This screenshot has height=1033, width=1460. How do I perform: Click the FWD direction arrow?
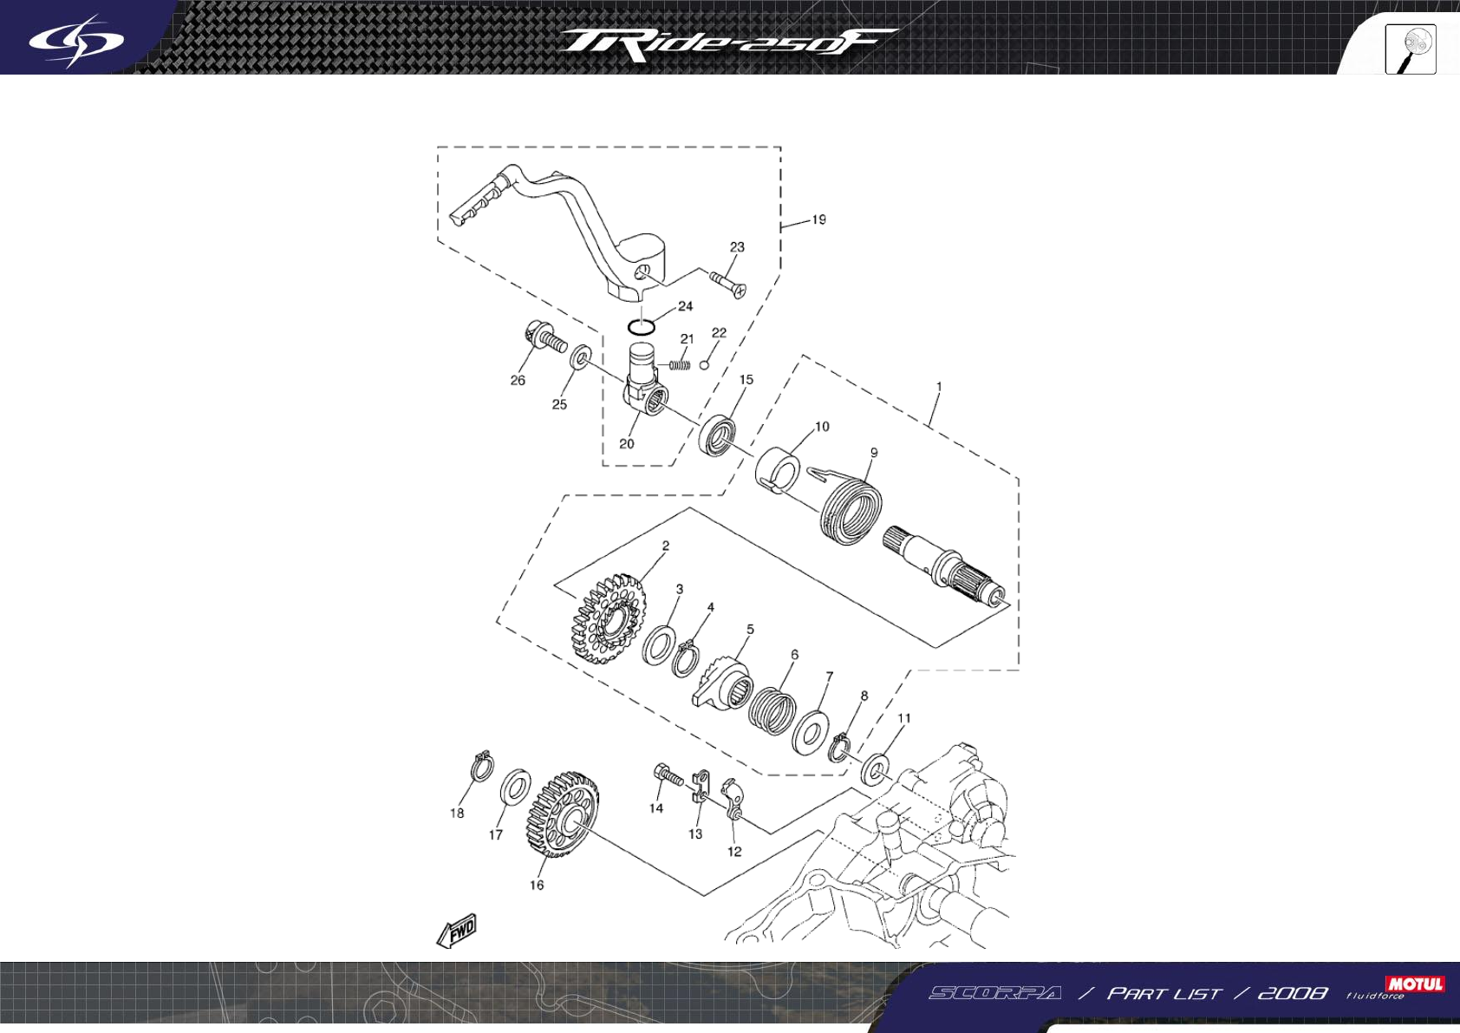point(457,931)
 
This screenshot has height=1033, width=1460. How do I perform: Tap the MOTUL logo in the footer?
point(1415,984)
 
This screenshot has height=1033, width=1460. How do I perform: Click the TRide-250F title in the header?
point(727,44)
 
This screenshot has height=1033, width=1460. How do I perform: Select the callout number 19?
point(818,219)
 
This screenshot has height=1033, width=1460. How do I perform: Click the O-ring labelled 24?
point(641,327)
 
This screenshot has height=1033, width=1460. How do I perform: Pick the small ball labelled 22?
point(704,365)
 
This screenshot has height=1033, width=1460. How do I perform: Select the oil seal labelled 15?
point(719,435)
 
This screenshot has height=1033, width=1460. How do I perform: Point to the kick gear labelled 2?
point(609,617)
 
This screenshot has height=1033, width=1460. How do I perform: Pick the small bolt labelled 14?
point(667,775)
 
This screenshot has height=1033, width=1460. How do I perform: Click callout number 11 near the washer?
point(904,718)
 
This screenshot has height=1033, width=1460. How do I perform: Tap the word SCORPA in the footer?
point(994,993)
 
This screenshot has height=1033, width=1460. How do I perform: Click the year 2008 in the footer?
point(1292,993)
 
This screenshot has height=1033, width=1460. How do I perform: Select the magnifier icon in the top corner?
point(1411,49)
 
